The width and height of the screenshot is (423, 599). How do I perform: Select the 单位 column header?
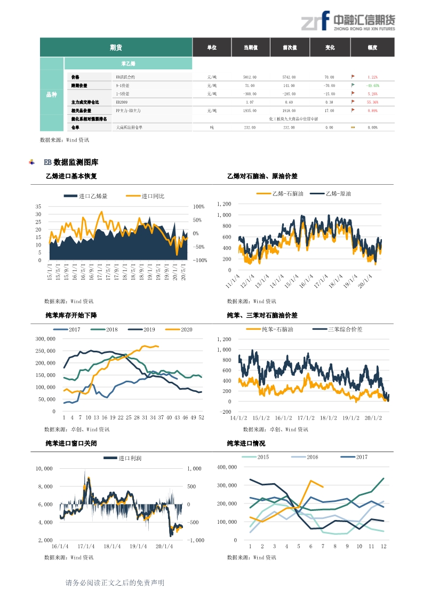[212, 48]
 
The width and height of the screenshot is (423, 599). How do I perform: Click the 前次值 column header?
[290, 48]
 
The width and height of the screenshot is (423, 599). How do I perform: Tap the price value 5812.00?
[250, 77]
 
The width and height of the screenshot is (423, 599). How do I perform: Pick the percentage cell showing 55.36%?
[372, 102]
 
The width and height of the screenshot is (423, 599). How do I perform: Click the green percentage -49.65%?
[372, 85]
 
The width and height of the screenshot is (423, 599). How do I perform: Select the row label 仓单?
[75, 128]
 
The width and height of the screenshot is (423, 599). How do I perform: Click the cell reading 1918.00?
[289, 111]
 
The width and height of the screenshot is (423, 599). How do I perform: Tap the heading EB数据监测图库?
[71, 162]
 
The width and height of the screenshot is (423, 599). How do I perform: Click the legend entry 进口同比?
[153, 196]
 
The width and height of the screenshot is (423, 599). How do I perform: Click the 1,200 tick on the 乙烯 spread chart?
[224, 204]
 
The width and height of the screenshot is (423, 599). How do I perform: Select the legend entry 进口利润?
[130, 458]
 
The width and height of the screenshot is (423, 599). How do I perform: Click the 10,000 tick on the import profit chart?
[44, 468]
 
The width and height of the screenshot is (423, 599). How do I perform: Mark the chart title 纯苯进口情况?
[246, 444]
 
